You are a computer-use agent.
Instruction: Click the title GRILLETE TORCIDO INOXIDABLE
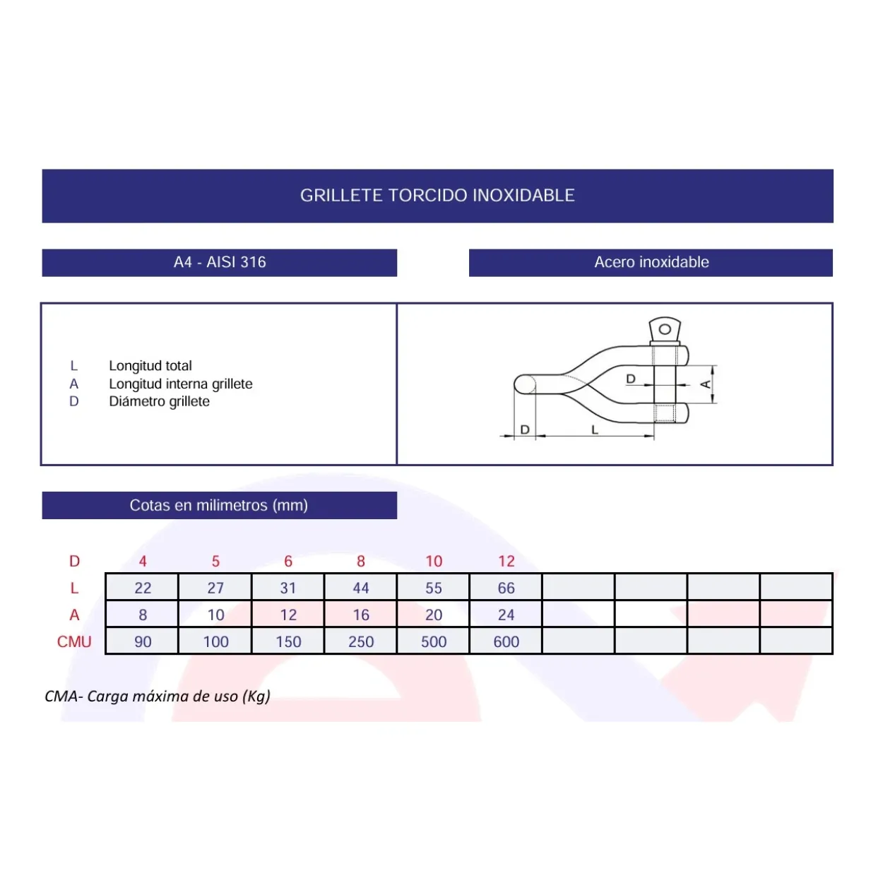(x=437, y=196)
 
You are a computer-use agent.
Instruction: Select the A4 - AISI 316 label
(x=220, y=262)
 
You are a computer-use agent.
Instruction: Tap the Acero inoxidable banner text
(x=651, y=262)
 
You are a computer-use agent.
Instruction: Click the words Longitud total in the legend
(x=150, y=366)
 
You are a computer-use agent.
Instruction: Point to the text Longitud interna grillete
(x=181, y=384)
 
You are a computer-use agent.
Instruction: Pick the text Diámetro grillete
(x=159, y=401)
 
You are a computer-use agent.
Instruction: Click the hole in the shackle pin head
(x=665, y=329)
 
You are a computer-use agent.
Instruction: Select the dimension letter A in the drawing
(x=706, y=384)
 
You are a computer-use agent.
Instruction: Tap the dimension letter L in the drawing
(x=595, y=429)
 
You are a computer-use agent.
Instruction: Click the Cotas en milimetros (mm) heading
(x=218, y=505)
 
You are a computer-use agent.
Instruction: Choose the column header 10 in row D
(x=434, y=562)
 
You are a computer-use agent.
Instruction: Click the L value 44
(x=361, y=588)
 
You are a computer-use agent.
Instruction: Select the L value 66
(x=506, y=588)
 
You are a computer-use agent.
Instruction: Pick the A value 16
(x=361, y=615)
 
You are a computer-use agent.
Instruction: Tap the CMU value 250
(x=361, y=642)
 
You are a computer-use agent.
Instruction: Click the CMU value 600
(x=506, y=642)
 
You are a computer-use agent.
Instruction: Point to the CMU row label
(x=74, y=642)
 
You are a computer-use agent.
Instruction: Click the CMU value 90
(x=143, y=642)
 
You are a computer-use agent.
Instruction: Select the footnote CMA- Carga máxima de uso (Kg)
(x=157, y=697)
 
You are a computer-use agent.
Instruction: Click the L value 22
(x=143, y=588)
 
